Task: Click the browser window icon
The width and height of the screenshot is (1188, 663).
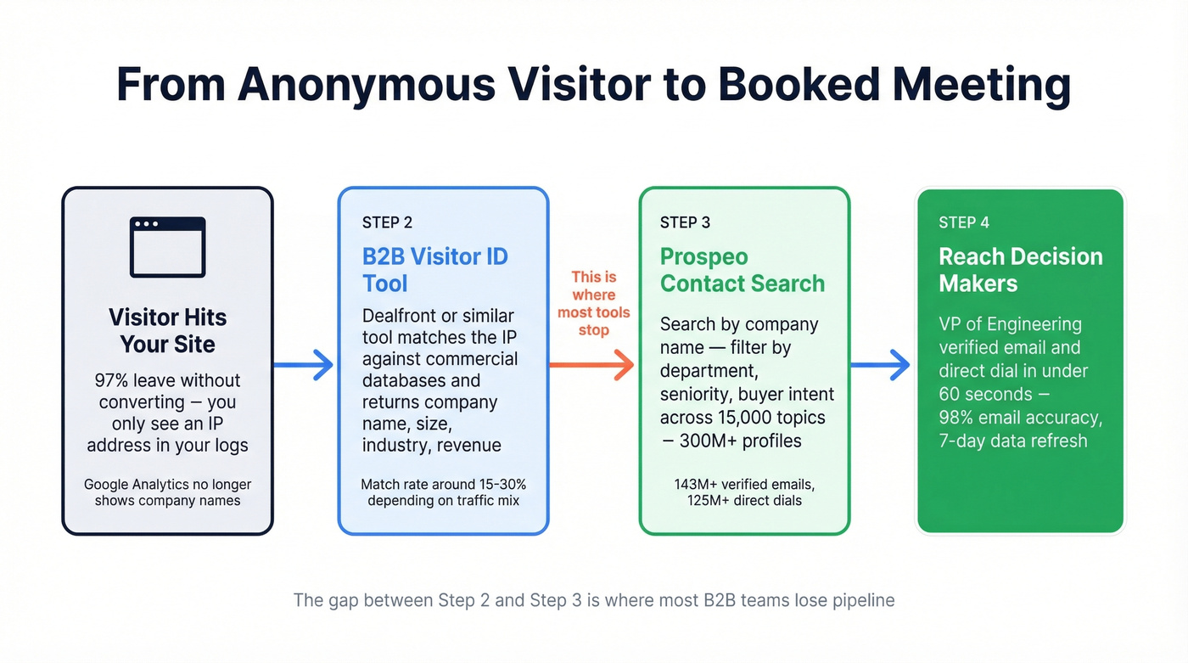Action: [x=167, y=247]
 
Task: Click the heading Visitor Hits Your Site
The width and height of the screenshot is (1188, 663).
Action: [x=167, y=330]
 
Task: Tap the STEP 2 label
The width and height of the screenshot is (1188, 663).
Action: [x=387, y=222]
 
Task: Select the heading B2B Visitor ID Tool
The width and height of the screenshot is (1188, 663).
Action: [x=434, y=269]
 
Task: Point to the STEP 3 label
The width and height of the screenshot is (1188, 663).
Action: [x=685, y=222]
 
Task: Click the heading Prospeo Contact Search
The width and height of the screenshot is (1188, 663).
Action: [x=742, y=269]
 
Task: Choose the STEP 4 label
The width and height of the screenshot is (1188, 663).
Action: [x=963, y=222]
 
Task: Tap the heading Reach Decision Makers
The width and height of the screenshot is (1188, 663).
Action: [x=1020, y=269]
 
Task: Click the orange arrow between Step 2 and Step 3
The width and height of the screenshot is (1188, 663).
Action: [x=591, y=364]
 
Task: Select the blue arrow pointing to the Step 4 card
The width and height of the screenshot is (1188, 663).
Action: [x=880, y=365]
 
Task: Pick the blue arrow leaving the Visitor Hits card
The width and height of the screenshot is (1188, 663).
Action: [x=304, y=365]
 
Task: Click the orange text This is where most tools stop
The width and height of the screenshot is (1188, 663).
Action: [x=593, y=303]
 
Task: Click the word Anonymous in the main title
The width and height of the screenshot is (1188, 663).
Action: [x=366, y=85]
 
